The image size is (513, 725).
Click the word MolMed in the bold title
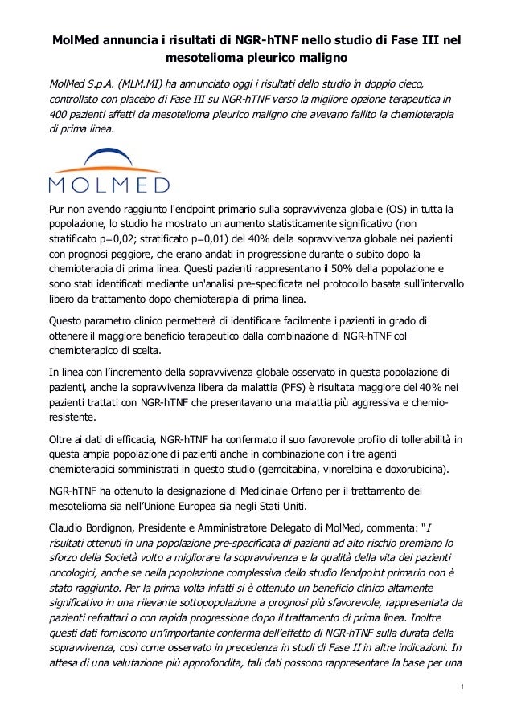pos(76,40)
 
